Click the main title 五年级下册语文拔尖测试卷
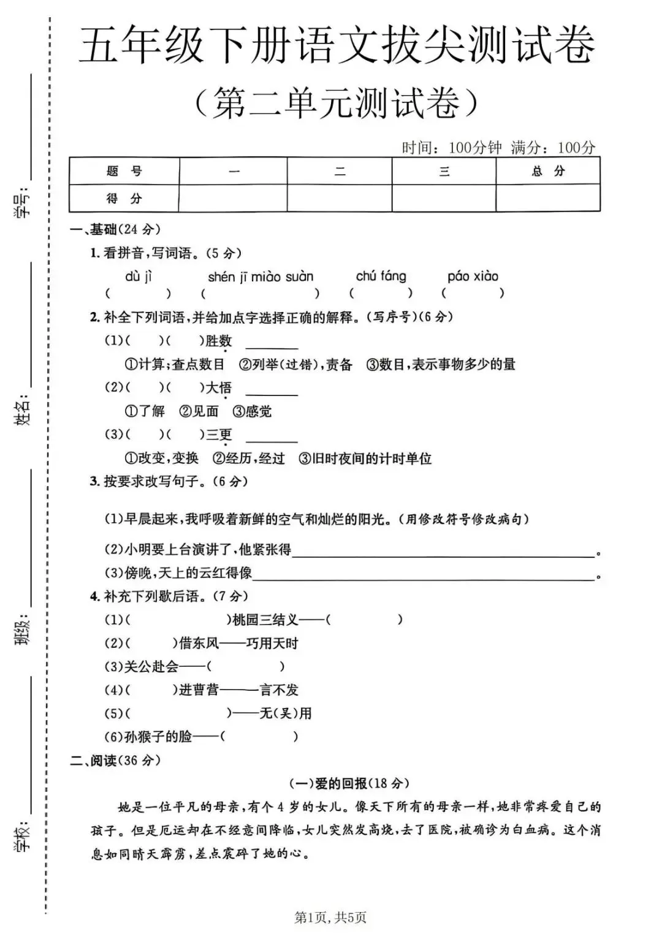point(337,45)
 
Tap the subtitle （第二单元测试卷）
point(336,102)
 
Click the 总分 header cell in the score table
point(548,171)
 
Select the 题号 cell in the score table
point(124,171)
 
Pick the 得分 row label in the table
point(124,198)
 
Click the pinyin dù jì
point(138,276)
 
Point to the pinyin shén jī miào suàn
point(261,276)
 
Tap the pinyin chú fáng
point(381,276)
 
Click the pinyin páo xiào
point(473,276)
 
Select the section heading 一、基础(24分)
point(116,229)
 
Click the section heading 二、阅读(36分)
point(116,760)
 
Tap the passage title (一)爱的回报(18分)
point(349,783)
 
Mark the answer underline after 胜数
point(272,346)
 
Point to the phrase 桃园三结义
point(265,620)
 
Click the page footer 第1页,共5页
point(330,917)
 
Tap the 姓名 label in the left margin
point(22,409)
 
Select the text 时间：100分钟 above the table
point(451,147)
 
